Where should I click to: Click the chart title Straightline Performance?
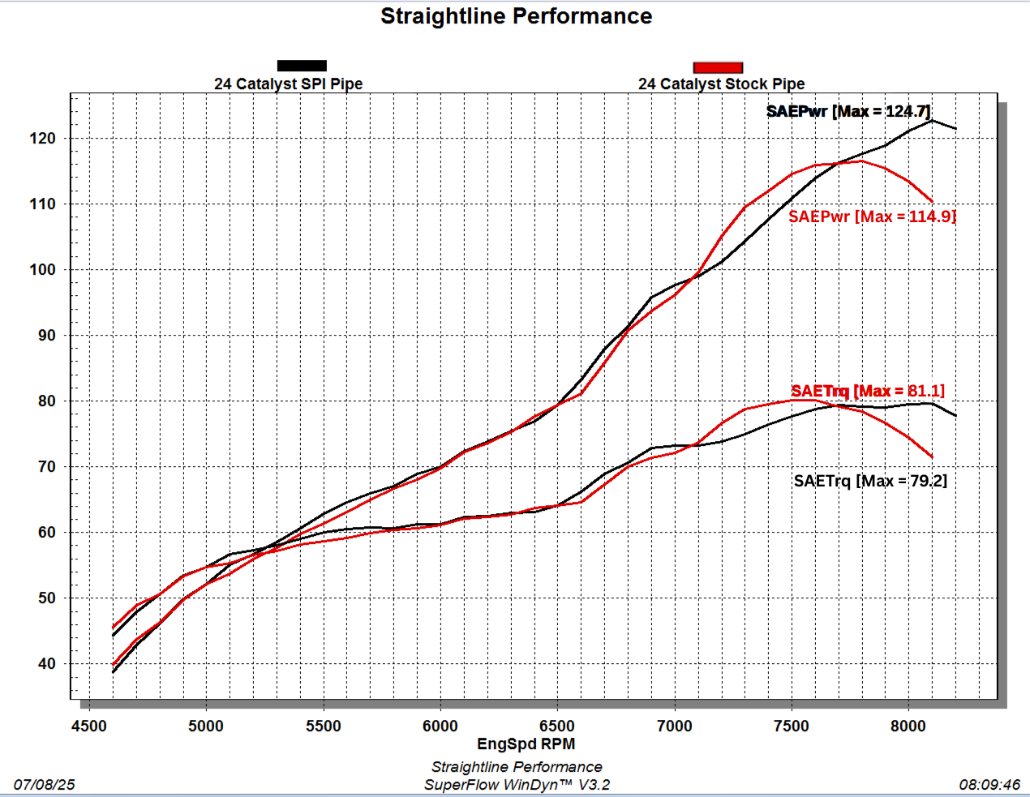(516, 16)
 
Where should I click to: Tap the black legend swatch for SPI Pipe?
(302, 66)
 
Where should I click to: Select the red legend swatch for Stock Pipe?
(718, 67)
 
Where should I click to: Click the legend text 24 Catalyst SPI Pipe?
(288, 84)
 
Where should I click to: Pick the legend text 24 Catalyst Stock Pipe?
(721, 84)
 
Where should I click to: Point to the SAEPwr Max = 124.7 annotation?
(848, 111)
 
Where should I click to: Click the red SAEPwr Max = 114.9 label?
(872, 216)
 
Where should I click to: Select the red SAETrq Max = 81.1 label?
(868, 391)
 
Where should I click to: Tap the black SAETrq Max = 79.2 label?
(870, 481)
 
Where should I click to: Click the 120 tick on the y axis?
(43, 138)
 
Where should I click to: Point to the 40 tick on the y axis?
(47, 664)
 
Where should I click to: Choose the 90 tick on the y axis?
(47, 336)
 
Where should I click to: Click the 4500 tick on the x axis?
(89, 726)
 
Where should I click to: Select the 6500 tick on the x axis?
(557, 726)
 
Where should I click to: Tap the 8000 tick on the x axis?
(908, 726)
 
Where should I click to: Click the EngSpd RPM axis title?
(526, 744)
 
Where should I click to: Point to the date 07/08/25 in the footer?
(45, 785)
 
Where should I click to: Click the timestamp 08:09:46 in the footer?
(989, 785)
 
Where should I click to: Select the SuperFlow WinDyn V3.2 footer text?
(517, 785)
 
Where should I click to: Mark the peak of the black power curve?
(932, 120)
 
